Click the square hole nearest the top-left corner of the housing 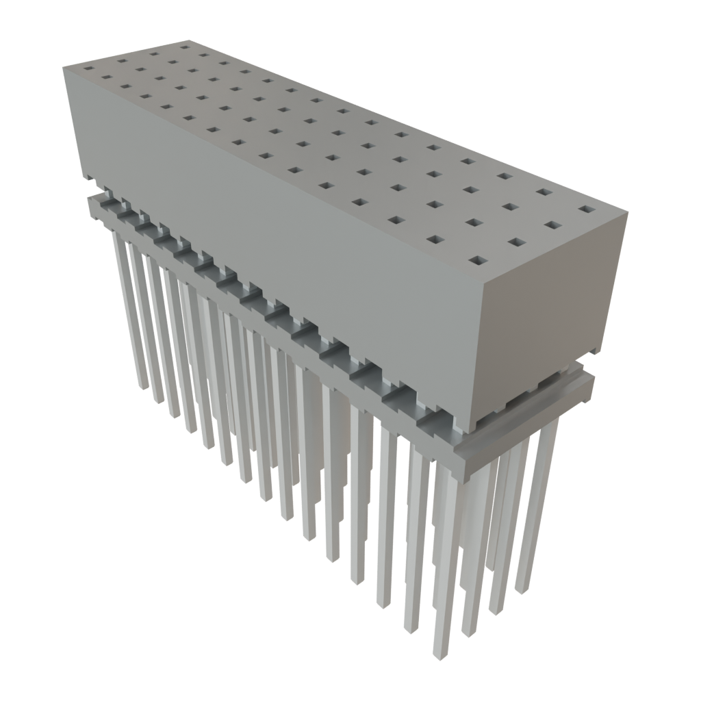point(89,68)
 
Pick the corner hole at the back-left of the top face point(185,48)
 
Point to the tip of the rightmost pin point(523,590)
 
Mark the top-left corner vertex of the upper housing point(63,66)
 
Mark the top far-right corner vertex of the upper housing point(627,214)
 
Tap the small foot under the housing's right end point(594,351)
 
